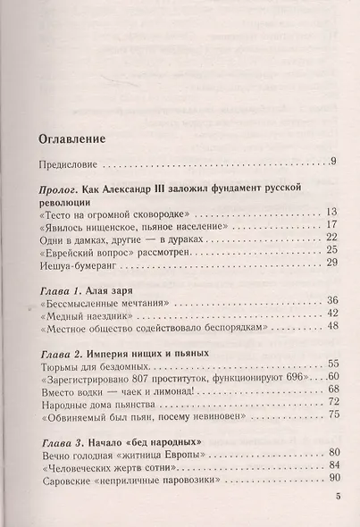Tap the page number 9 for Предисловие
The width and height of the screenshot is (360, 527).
[331, 162]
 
